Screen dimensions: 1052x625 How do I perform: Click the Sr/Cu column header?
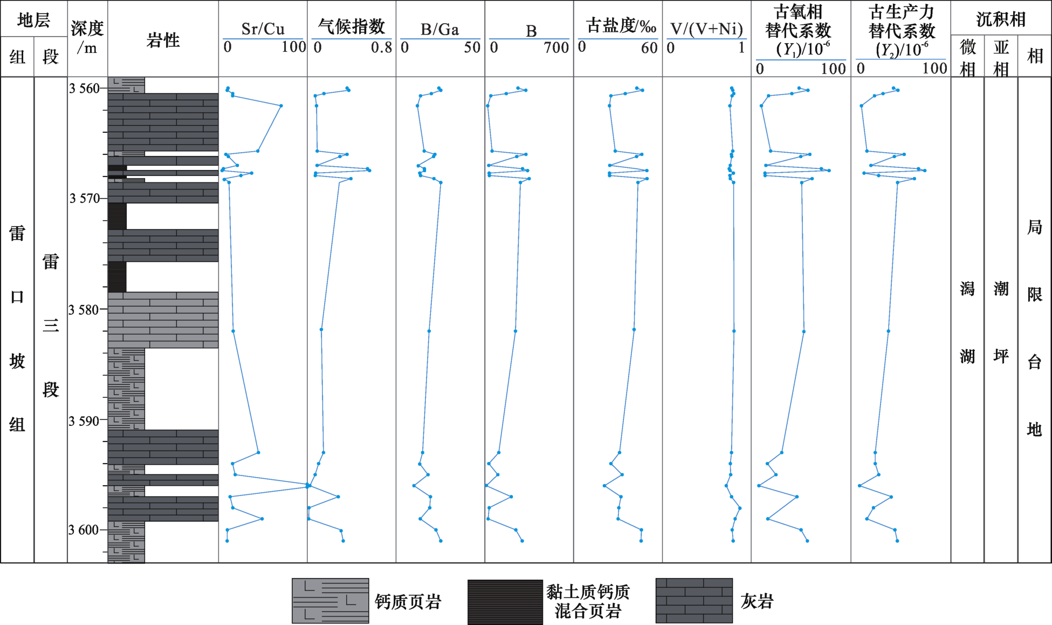[263, 29]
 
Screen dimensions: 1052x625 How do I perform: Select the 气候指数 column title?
[352, 26]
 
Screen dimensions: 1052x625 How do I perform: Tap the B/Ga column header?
[440, 29]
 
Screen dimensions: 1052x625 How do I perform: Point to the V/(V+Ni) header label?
[706, 29]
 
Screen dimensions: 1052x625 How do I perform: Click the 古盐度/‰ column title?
[621, 25]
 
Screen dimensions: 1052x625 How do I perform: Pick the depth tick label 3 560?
[85, 88]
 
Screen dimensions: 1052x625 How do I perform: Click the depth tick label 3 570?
[85, 199]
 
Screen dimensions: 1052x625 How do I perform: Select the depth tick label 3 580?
[85, 310]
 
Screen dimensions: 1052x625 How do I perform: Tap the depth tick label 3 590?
[85, 421]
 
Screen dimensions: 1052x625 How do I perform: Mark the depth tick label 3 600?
[85, 530]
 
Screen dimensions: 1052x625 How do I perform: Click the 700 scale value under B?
[556, 48]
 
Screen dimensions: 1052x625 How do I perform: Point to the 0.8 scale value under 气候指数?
[382, 47]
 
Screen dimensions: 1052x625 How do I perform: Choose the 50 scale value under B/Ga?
[472, 47]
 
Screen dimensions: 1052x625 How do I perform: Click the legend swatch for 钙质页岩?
[331, 601]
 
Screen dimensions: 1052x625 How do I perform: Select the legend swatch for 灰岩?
[695, 601]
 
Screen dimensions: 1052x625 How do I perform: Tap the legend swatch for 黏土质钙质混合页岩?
[505, 602]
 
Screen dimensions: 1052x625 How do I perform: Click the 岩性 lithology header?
[163, 40]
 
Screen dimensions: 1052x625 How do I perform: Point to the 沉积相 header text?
[1001, 19]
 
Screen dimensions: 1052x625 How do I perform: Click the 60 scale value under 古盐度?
[649, 48]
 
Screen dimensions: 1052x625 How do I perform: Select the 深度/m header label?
[87, 38]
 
